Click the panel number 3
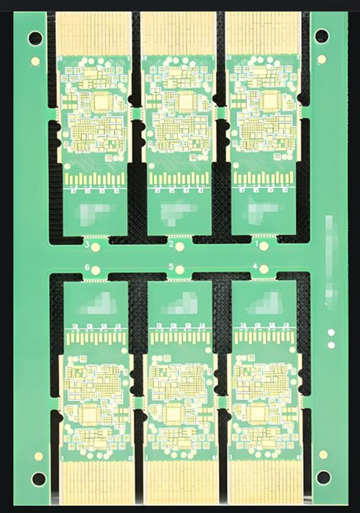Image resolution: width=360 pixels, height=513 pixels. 87,246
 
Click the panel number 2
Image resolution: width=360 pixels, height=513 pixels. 171,246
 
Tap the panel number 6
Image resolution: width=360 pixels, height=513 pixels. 87,268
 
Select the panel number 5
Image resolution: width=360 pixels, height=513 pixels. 171,267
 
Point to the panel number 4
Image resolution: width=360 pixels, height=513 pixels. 255,267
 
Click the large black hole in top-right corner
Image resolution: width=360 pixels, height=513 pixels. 322,35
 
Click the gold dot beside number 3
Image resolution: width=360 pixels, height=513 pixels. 96,246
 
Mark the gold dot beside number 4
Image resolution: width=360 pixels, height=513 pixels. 264,269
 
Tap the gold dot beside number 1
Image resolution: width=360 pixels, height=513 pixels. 264,246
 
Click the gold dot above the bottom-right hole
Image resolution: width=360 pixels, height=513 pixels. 323,455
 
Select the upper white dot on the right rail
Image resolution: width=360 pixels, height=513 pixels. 330,334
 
